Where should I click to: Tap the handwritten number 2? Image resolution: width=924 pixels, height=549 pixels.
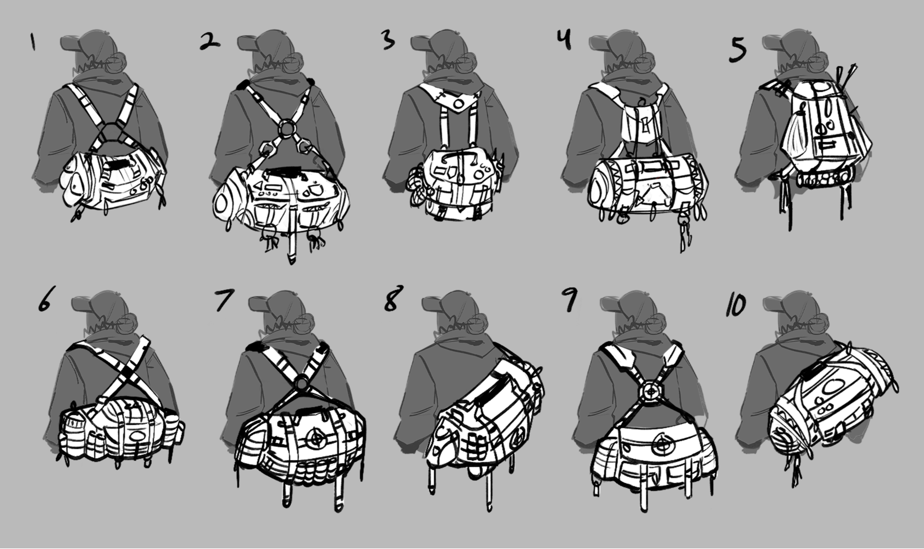pyautogui.click(x=210, y=42)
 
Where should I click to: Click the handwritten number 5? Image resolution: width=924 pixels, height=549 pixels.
pyautogui.click(x=737, y=51)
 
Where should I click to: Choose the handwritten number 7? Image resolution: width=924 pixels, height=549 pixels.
pyautogui.click(x=224, y=300)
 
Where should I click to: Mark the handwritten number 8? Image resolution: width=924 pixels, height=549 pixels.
pyautogui.click(x=393, y=299)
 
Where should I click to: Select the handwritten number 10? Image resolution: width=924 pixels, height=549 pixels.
pyautogui.click(x=736, y=305)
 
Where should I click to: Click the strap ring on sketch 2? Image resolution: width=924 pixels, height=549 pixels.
pyautogui.click(x=287, y=129)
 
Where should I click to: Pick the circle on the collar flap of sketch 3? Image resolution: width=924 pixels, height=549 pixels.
pyautogui.click(x=459, y=104)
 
